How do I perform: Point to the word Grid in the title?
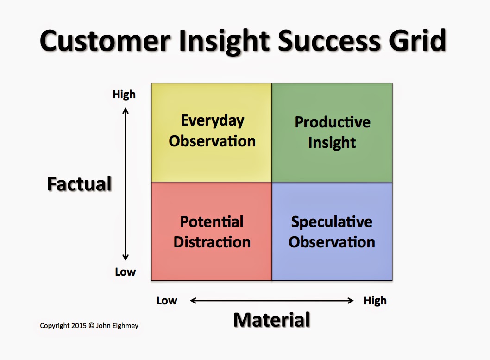coord(417,41)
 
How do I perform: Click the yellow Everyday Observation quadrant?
coord(212,132)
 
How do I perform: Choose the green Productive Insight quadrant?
coord(332,132)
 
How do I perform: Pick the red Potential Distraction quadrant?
coord(212,231)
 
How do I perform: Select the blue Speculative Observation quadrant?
coord(332,231)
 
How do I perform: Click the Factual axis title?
coord(80,184)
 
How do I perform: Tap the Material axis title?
coord(271,320)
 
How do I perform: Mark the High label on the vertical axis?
coord(124,95)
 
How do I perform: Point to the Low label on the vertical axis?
coord(125,272)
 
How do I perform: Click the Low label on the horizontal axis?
coord(167,301)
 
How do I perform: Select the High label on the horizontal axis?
coord(375,301)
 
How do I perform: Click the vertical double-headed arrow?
coord(125,184)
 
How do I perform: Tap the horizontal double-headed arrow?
coord(272,301)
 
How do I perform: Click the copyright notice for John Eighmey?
coord(89,326)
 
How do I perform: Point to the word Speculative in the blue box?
coord(332,221)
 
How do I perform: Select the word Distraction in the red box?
coord(212,242)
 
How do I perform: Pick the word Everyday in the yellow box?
coord(212,120)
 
